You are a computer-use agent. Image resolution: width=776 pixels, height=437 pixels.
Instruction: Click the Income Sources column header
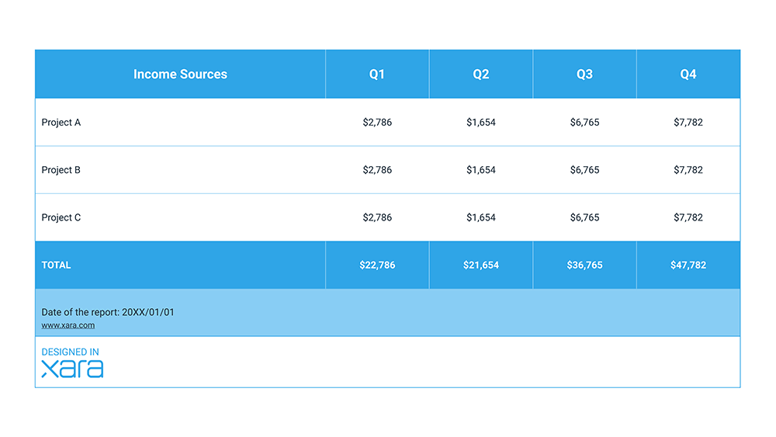[x=180, y=75]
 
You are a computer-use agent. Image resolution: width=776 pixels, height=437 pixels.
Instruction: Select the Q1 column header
[x=377, y=75]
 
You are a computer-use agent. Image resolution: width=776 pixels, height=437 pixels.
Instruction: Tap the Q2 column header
[x=481, y=75]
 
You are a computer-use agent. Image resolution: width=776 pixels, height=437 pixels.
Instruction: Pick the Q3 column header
[x=584, y=75]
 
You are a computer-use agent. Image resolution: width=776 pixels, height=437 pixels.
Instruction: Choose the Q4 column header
[x=688, y=75]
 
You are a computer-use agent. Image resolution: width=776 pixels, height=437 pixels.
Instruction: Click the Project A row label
[x=61, y=123]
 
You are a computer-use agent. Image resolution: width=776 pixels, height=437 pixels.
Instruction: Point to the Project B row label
[x=61, y=170]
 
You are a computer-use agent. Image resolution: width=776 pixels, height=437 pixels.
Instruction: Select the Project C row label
[x=61, y=218]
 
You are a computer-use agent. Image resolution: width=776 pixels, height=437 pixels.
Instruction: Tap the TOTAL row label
[x=56, y=265]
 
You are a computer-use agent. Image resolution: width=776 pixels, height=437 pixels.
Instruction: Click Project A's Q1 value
[x=377, y=123]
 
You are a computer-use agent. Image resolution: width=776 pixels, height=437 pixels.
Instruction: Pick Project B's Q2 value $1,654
[x=481, y=170]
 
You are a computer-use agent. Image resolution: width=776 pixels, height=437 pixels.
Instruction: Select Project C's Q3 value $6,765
[x=584, y=218]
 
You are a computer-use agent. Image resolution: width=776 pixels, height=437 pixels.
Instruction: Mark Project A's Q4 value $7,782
[x=688, y=123]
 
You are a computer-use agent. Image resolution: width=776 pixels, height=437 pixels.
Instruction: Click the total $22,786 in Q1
[x=377, y=265]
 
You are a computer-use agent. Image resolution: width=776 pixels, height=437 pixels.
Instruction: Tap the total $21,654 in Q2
[x=481, y=265]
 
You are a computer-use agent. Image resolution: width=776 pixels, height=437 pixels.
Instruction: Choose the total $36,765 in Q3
[x=584, y=265]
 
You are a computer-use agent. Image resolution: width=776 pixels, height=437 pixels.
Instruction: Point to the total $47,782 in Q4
[x=688, y=265]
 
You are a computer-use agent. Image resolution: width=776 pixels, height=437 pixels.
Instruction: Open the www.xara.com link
[x=68, y=325]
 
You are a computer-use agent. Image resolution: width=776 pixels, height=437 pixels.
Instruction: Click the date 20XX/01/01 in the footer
[x=148, y=312]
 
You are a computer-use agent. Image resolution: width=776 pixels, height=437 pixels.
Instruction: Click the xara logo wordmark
[x=72, y=369]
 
